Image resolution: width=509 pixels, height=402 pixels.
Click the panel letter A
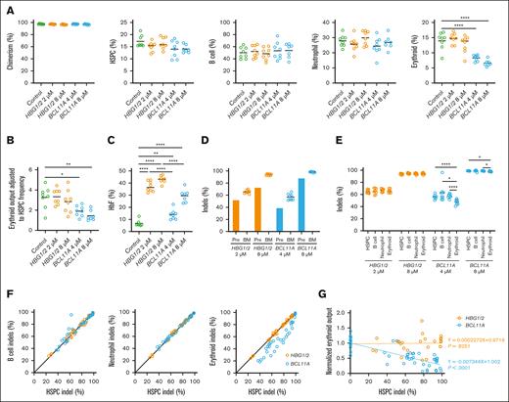coord(5,6)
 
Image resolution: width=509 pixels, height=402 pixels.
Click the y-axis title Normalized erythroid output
coord(333,337)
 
